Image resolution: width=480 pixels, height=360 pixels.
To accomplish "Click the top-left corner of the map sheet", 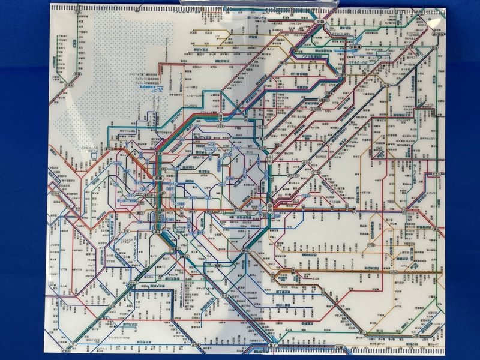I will click(50, 5).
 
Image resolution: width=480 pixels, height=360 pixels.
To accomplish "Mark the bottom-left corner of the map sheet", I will click(48, 353).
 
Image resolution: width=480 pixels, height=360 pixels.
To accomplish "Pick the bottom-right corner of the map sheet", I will click(446, 353).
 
